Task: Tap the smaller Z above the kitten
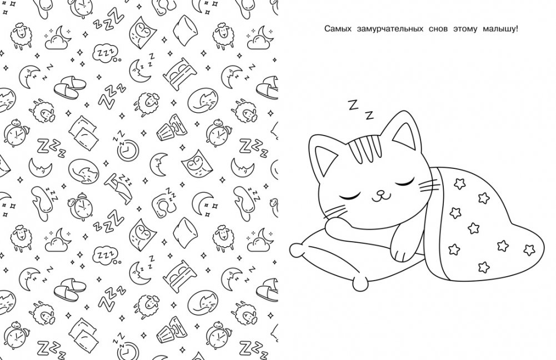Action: [369, 115]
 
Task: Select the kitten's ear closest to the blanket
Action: [405, 132]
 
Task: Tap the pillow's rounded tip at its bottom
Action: [361, 283]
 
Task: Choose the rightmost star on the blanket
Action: [529, 249]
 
